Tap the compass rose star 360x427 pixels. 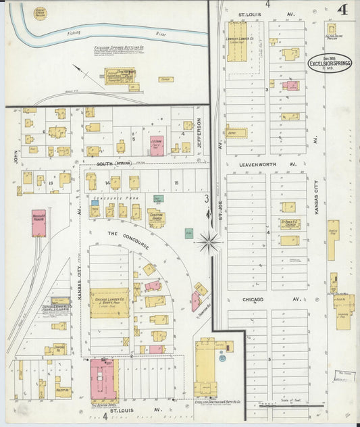tap(209, 241)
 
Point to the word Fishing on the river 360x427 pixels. tap(74, 32)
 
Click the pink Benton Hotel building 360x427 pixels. tap(103, 379)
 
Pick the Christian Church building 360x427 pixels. tap(156, 218)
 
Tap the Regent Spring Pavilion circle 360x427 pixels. tap(41, 13)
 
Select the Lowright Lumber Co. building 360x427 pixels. tap(237, 42)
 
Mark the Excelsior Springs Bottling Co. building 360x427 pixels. tap(120, 76)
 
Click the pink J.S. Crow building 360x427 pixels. tap(157, 146)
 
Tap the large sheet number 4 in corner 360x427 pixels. tap(343, 10)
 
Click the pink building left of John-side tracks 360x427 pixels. tap(38, 223)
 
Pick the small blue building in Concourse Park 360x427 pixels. tap(94, 202)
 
